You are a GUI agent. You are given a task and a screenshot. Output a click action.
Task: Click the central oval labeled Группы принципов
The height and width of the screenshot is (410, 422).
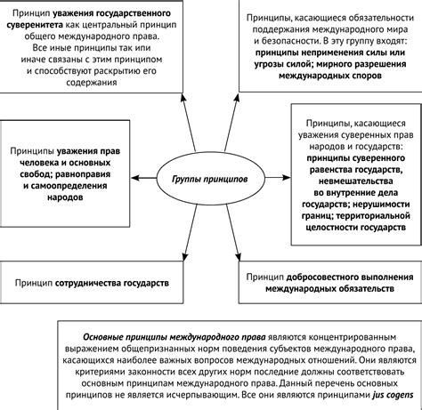tap(204, 177)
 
